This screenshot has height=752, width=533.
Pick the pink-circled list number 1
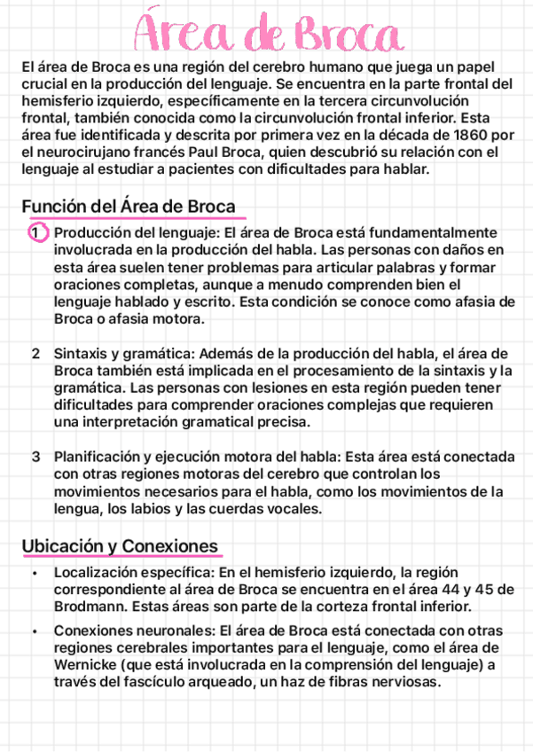pyautogui.click(x=35, y=232)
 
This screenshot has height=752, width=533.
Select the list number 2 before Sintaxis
pyautogui.click(x=35, y=354)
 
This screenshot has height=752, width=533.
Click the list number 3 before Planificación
pyautogui.click(x=35, y=458)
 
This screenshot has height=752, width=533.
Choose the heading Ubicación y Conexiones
pyautogui.click(x=121, y=545)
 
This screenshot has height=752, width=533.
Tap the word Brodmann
pyautogui.click(x=89, y=607)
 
